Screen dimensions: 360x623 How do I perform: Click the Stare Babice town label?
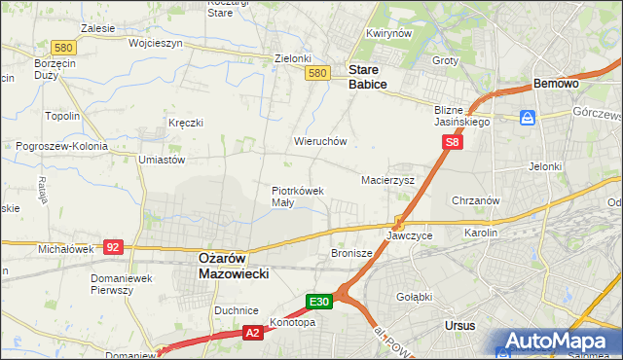(368, 78)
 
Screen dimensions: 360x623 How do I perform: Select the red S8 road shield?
(452, 142)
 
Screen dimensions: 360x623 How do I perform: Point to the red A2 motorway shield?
(251, 334)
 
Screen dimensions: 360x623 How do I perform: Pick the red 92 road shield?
(113, 247)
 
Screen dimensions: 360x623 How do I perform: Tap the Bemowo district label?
(557, 85)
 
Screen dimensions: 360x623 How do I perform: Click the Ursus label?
(458, 325)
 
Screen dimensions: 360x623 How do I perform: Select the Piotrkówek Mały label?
(297, 197)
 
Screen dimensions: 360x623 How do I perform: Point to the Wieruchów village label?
(320, 141)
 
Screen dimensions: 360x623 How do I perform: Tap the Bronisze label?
(351, 253)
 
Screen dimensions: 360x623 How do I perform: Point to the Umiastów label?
(162, 160)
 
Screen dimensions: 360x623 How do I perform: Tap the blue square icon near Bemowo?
(527, 118)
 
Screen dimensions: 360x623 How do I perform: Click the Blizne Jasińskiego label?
(462, 117)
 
